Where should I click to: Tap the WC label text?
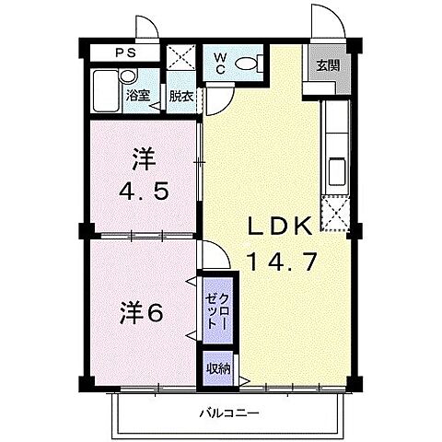pos(220,64)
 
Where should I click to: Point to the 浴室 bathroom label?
pos(138,95)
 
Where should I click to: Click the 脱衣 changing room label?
pos(180,95)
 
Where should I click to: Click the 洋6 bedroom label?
pos(141,312)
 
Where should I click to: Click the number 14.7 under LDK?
pos(282,262)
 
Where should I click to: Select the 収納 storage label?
pos(218,369)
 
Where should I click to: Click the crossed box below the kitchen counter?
pos(336,215)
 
